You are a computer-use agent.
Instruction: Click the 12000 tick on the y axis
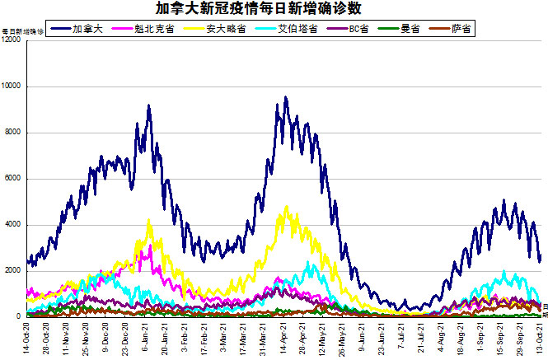tap(12, 40)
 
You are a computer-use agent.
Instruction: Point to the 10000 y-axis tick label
tap(12, 86)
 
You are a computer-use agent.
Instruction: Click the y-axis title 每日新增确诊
tap(22, 30)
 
